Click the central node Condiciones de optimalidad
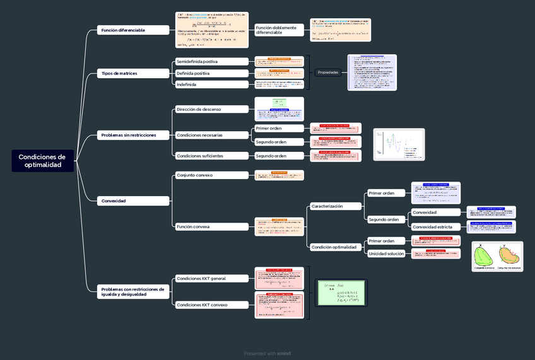click(x=42, y=161)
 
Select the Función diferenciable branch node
click(x=133, y=30)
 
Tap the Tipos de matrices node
click(x=133, y=73)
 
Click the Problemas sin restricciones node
click(x=133, y=135)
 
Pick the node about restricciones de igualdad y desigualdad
click(x=133, y=291)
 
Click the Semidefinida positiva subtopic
click(x=211, y=62)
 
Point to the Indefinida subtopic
click(x=211, y=84)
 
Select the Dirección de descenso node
click(x=211, y=109)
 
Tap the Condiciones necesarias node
click(x=211, y=135)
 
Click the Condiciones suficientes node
click(x=211, y=156)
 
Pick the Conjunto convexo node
click(x=211, y=175)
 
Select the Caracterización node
click(x=335, y=206)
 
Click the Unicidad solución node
click(x=386, y=253)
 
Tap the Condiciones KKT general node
click(x=211, y=278)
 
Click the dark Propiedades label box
click(x=328, y=73)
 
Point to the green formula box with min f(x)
click(x=341, y=293)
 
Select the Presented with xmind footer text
click(x=267, y=354)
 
